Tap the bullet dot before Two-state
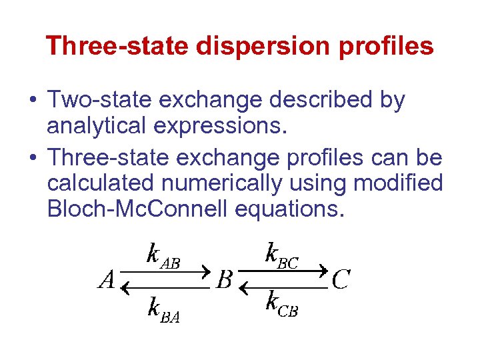click(31, 101)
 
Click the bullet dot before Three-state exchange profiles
click(31, 159)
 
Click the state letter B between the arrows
click(225, 281)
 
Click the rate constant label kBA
click(163, 311)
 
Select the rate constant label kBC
click(281, 256)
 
